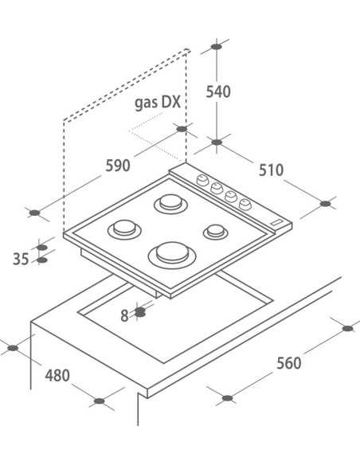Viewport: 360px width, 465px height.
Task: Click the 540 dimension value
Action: click(218, 92)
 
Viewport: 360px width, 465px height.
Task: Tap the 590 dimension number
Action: click(118, 166)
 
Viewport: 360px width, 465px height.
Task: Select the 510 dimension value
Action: click(271, 170)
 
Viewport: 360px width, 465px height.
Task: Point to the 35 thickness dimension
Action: click(21, 259)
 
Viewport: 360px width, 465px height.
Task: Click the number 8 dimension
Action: click(124, 316)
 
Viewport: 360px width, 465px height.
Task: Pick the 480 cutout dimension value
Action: click(57, 376)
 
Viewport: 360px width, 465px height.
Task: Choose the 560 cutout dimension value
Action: click(289, 363)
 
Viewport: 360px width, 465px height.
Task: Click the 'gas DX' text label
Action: click(158, 103)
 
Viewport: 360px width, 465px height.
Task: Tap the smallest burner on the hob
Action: click(216, 232)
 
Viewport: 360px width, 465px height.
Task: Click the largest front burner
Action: click(172, 255)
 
